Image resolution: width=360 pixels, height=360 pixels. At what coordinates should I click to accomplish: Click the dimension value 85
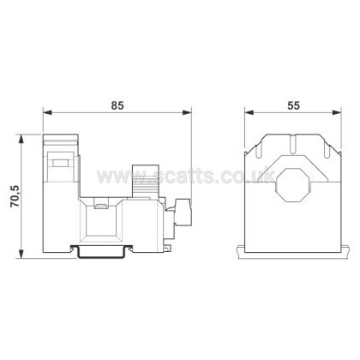coord(117,105)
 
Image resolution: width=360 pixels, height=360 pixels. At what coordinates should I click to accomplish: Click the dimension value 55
coord(293,105)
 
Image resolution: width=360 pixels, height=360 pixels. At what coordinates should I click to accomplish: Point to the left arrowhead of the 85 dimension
coord(48,112)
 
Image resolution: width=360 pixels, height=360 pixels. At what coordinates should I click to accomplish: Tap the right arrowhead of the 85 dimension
coord(186,112)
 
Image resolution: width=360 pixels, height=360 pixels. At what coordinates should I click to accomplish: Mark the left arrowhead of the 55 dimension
coord(249,112)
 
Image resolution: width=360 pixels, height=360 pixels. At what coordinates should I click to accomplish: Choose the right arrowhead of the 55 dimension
coord(336,112)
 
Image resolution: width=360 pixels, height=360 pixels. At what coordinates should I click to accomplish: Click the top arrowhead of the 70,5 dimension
coord(21,140)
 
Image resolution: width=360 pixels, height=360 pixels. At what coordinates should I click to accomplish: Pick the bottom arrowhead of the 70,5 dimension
coord(21,254)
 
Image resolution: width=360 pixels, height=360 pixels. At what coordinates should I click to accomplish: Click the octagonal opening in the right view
coord(291,185)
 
